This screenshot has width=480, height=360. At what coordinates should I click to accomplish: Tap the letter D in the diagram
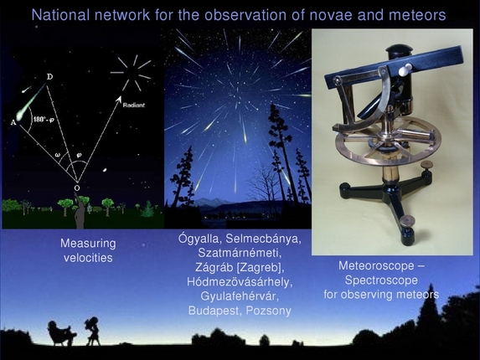tap(49, 77)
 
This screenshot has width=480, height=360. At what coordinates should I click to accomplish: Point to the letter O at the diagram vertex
tap(77, 188)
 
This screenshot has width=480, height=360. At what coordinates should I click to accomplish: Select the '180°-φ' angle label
tap(43, 120)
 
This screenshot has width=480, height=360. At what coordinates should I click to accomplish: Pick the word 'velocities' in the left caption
tap(86, 257)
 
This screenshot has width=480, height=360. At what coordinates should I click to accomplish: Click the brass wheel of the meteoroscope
tap(382, 147)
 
